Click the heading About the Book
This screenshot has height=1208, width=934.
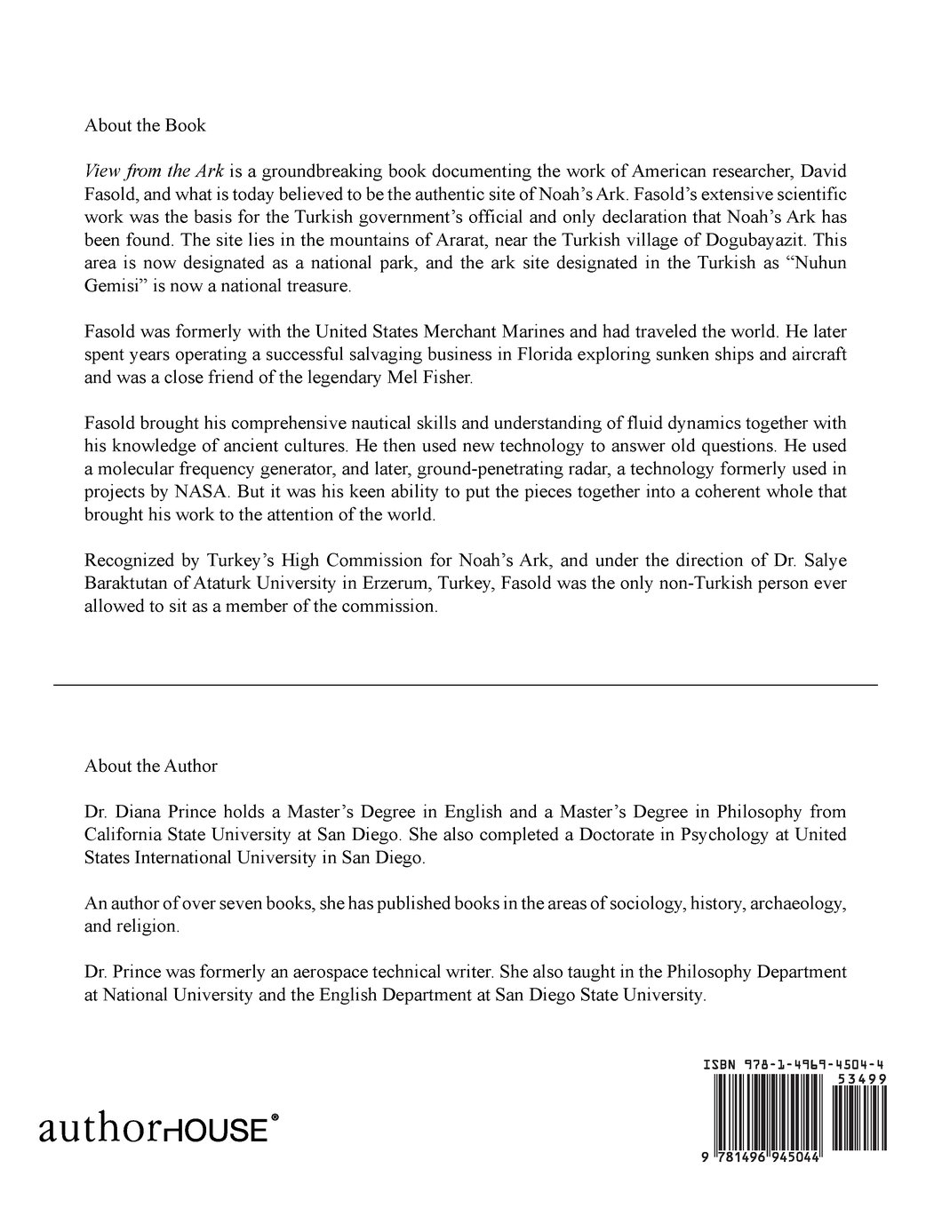(x=145, y=125)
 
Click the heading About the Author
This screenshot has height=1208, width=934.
(x=151, y=766)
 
